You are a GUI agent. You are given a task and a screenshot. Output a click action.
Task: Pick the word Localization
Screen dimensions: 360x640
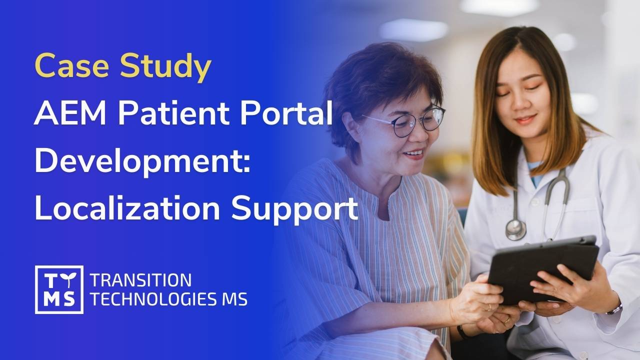click(127, 208)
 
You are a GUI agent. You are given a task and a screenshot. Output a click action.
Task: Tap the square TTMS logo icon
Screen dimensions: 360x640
click(59, 289)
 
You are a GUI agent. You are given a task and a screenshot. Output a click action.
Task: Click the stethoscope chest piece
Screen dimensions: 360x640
click(515, 230)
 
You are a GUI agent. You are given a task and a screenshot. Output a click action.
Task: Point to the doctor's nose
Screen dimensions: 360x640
click(525, 105)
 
